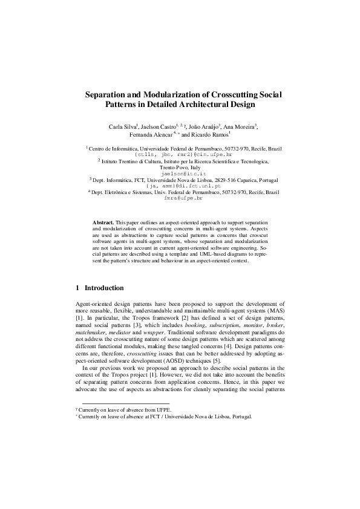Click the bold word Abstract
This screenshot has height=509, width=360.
103,224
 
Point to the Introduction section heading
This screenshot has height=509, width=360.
103,288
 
